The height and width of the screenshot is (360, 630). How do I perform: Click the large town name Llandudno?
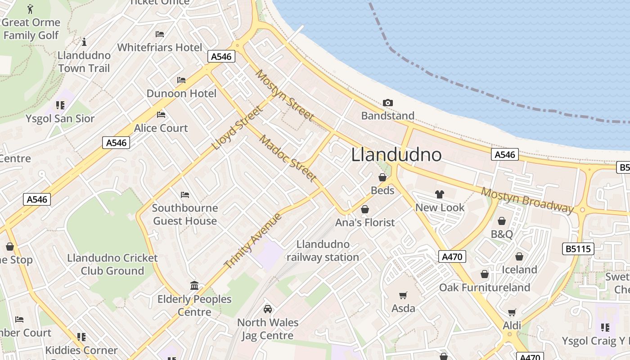pyautogui.click(x=396, y=155)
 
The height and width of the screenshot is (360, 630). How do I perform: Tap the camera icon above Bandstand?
pyautogui.click(x=387, y=103)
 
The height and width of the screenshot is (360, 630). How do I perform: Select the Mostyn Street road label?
pyautogui.click(x=284, y=95)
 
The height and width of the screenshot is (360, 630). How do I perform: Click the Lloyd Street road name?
pyautogui.click(x=237, y=128)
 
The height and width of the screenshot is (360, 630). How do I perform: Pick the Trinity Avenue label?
pyautogui.click(x=253, y=241)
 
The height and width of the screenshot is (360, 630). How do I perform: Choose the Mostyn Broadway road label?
pyautogui.click(x=527, y=200)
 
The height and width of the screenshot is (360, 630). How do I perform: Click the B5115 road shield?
pyautogui.click(x=578, y=249)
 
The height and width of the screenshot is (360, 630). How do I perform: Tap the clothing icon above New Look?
pyautogui.click(x=440, y=194)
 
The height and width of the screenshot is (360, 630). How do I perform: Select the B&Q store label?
pyautogui.click(x=502, y=234)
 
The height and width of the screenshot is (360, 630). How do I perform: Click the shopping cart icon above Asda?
pyautogui.click(x=403, y=296)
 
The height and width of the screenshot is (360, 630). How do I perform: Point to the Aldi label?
pyautogui.click(x=512, y=325)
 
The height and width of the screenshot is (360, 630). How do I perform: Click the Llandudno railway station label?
pyautogui.click(x=323, y=251)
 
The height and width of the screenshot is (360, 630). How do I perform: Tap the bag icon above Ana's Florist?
pyautogui.click(x=365, y=209)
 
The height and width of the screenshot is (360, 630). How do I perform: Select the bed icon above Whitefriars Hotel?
pyautogui.click(x=160, y=34)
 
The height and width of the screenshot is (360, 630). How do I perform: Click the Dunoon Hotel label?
pyautogui.click(x=181, y=94)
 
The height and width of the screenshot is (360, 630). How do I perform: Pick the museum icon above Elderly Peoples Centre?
pyautogui.click(x=194, y=286)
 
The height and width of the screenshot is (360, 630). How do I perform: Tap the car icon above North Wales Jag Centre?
pyautogui.click(x=268, y=309)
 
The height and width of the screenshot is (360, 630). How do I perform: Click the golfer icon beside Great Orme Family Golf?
pyautogui.click(x=30, y=9)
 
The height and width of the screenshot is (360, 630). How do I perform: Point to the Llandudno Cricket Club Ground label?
pyautogui.click(x=112, y=265)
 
